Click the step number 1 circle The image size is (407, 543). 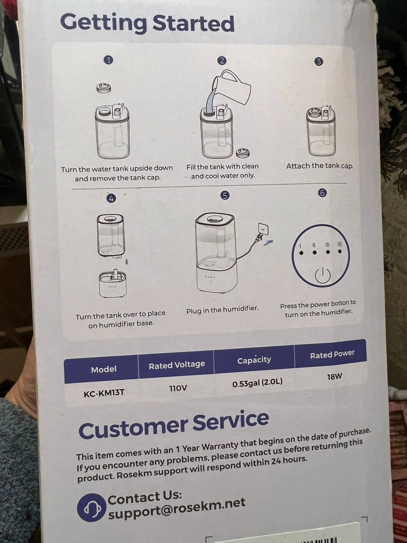108,60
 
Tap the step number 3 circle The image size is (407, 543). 319,62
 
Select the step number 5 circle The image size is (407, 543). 225,196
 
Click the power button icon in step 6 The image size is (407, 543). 322,275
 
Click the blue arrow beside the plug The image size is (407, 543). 268,242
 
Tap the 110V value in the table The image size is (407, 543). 178,388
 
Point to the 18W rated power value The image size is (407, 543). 335,376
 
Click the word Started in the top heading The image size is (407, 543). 193,23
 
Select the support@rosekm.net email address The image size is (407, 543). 177,508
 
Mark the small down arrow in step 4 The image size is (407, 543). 127,262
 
